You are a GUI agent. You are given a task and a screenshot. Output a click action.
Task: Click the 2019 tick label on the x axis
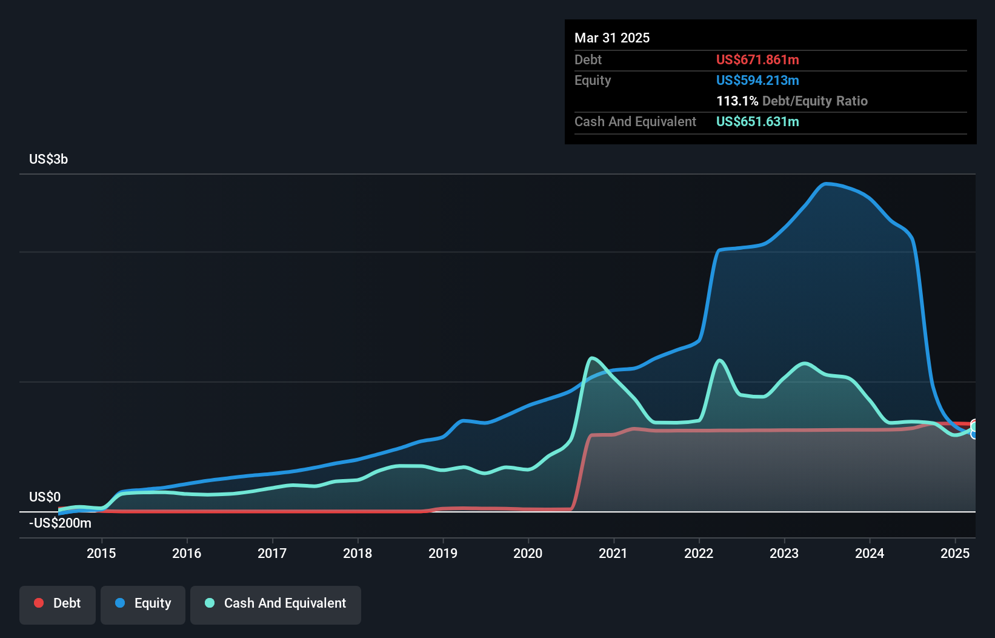point(443,553)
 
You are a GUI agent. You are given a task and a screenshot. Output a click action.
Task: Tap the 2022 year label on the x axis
point(699,553)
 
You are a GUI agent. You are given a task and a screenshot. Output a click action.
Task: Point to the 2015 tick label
point(101,553)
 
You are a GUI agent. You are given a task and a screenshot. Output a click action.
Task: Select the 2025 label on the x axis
point(955,553)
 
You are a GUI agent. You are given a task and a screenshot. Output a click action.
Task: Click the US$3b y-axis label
point(48,159)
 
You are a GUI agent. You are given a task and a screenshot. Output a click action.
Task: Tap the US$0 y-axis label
point(45,497)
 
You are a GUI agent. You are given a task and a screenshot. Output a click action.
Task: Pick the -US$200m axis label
point(60,523)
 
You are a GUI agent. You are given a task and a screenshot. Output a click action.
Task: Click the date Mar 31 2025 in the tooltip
point(612,38)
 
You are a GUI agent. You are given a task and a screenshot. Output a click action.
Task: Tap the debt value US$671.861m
point(757,60)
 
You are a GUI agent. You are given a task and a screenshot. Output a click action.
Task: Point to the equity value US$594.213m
point(757,81)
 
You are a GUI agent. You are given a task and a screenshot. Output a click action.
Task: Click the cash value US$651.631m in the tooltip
point(757,122)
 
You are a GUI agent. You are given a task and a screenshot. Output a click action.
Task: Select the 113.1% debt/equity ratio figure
point(737,101)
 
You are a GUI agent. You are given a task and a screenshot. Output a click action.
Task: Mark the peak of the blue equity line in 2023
point(825,184)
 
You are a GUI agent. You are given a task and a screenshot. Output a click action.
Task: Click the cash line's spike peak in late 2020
point(592,358)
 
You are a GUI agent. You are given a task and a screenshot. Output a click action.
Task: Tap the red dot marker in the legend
point(39,603)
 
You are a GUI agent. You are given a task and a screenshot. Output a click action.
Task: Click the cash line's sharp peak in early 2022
point(720,361)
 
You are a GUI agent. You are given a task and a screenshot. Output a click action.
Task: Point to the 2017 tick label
point(272,553)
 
